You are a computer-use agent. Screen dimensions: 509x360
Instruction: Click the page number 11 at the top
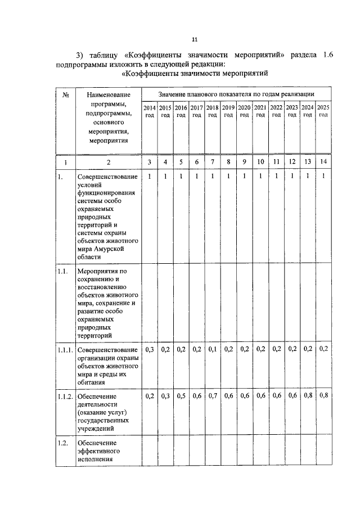[x=195, y=39]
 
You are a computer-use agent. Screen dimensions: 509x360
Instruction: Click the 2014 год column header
[x=149, y=111]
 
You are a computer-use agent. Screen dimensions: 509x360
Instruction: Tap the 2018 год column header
[x=212, y=111]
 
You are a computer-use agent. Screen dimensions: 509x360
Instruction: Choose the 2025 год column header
[x=323, y=111]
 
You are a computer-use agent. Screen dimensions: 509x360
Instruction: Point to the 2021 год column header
[x=260, y=111]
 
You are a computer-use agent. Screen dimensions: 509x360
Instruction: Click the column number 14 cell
[x=323, y=163]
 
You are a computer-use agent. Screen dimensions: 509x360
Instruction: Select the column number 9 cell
[x=244, y=163]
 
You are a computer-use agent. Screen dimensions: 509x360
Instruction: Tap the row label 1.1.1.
[x=65, y=350]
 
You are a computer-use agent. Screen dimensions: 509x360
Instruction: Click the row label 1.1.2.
[x=65, y=397]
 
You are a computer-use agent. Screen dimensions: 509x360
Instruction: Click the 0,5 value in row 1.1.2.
[x=181, y=396]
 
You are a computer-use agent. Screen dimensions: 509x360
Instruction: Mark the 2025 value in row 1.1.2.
[x=323, y=396]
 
